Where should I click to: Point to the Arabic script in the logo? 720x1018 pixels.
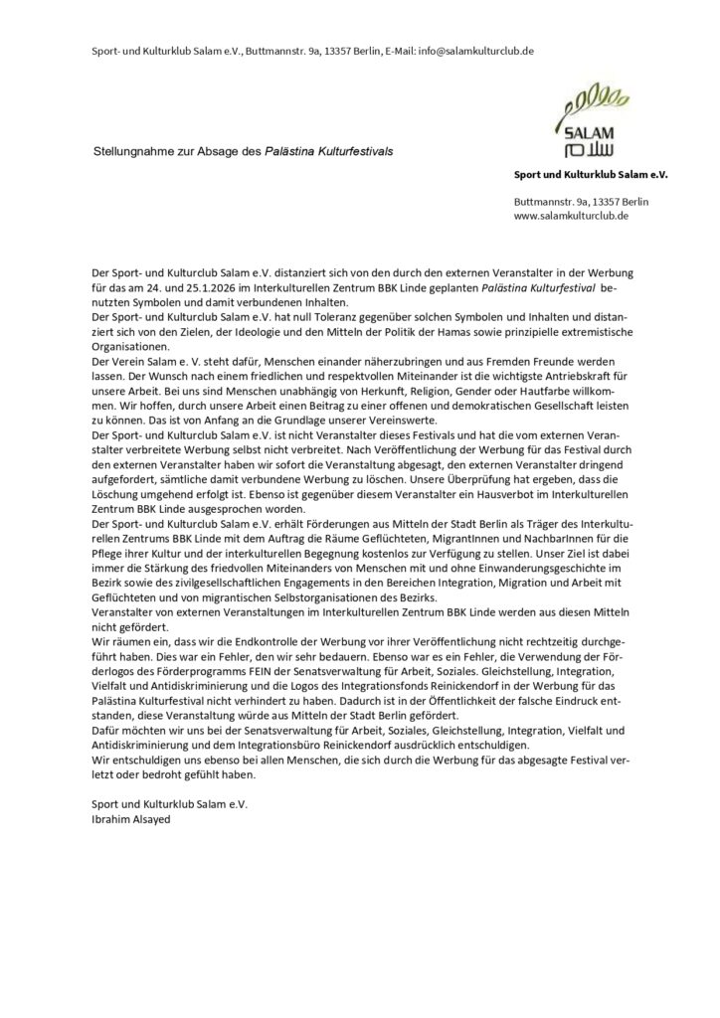pos(598,150)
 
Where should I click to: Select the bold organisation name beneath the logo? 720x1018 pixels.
pos(591,174)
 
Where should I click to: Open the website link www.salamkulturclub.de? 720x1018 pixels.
pos(571,215)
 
